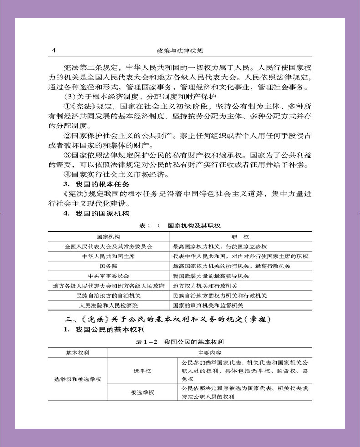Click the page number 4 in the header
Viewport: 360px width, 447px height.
pyautogui.click(x=54, y=51)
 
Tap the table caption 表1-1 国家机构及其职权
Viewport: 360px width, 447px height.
pyautogui.click(x=180, y=226)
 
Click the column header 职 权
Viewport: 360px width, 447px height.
pyautogui.click(x=240, y=237)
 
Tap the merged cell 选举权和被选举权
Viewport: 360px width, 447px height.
pyautogui.click(x=77, y=379)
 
